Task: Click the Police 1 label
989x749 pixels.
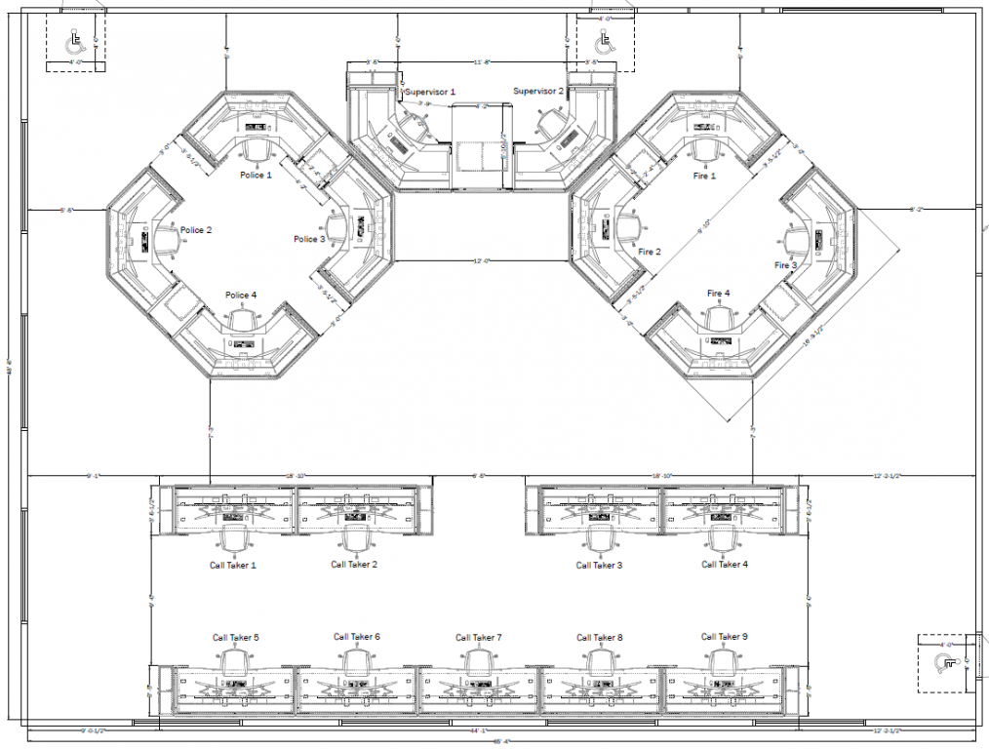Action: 257,175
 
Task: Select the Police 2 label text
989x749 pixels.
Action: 196,230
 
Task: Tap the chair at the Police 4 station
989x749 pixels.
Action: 242,318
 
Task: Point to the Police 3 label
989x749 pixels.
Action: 309,239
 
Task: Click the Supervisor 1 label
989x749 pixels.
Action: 430,91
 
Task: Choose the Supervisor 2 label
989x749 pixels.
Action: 538,91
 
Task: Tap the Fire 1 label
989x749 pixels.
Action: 704,177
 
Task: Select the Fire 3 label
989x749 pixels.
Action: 786,265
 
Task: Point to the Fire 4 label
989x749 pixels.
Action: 719,294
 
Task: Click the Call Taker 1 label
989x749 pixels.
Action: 233,565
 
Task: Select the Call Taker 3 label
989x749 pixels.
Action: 599,565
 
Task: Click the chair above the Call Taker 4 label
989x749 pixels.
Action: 722,538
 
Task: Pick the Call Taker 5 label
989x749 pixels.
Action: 236,637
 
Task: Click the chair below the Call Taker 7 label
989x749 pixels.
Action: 478,662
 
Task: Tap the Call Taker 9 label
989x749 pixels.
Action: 725,637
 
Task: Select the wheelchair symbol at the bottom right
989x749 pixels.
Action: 943,663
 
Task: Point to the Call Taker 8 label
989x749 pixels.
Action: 600,638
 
